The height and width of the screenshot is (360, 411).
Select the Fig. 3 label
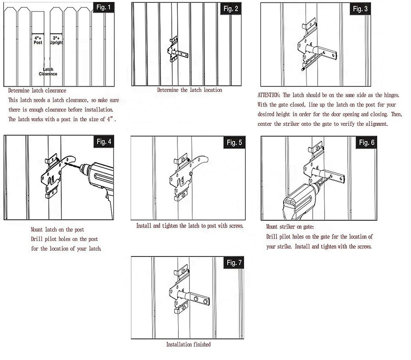click(x=360, y=9)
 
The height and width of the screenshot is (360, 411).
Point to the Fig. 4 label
click(x=104, y=142)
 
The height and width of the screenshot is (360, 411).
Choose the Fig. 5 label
click(x=234, y=143)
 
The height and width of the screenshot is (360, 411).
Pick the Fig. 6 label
click(x=367, y=143)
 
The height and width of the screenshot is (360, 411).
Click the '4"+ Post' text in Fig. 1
click(x=38, y=40)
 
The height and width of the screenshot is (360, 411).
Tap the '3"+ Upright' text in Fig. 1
click(x=56, y=40)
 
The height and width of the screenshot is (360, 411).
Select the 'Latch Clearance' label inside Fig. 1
click(x=48, y=72)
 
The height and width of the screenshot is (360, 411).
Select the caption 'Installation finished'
click(x=188, y=344)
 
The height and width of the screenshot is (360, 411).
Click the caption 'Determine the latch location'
click(x=189, y=90)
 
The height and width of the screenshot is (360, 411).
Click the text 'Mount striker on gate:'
click(x=291, y=227)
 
